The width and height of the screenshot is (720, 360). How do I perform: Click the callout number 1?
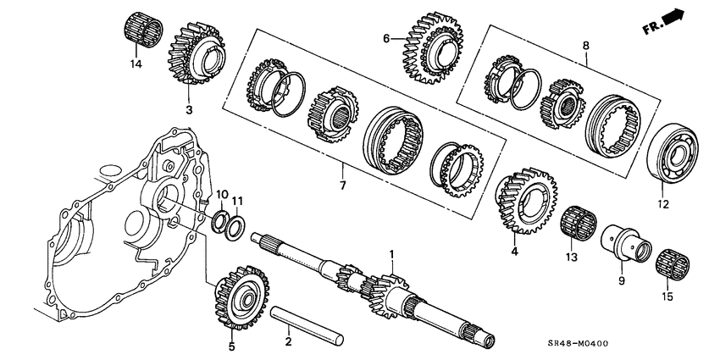point(391,254)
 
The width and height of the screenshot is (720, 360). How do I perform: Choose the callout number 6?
point(386,38)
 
